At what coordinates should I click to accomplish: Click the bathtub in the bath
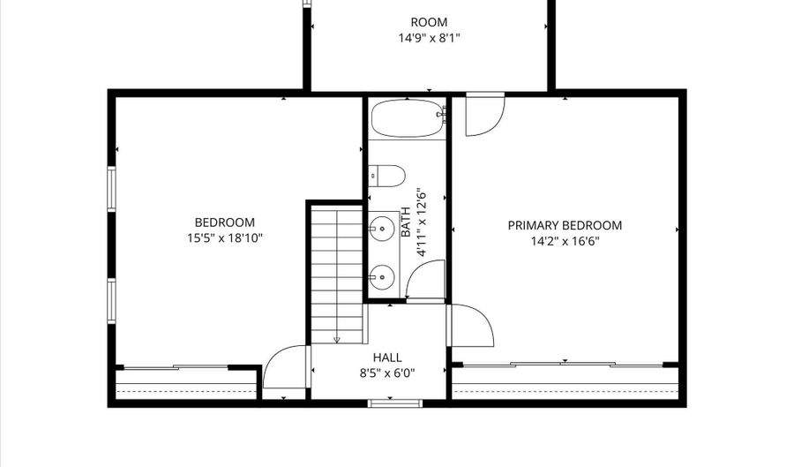(x=408, y=118)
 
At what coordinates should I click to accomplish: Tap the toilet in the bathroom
(x=386, y=176)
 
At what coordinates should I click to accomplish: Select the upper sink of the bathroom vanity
(x=381, y=229)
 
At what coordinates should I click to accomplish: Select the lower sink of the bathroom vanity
(x=381, y=277)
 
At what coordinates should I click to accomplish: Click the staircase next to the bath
(x=337, y=274)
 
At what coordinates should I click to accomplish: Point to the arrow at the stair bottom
(x=337, y=339)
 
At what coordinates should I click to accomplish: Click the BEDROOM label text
(x=225, y=222)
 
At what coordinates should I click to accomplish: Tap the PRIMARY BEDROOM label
(x=565, y=225)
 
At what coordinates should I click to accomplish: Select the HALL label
(x=387, y=358)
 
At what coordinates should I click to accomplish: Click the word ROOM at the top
(x=429, y=22)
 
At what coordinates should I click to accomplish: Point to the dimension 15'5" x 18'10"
(x=225, y=238)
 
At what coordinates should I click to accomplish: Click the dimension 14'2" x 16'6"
(x=565, y=241)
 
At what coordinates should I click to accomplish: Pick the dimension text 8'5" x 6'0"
(x=387, y=373)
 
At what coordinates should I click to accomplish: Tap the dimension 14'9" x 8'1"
(x=429, y=38)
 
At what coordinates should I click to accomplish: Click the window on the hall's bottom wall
(x=395, y=403)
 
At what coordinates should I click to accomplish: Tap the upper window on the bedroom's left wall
(x=111, y=189)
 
